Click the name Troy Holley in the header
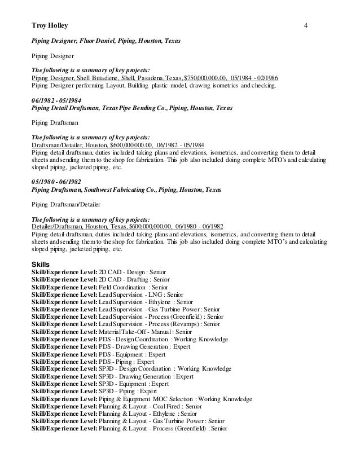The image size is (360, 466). (47, 25)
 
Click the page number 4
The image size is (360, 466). (305, 25)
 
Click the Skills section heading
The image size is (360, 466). (41, 264)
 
